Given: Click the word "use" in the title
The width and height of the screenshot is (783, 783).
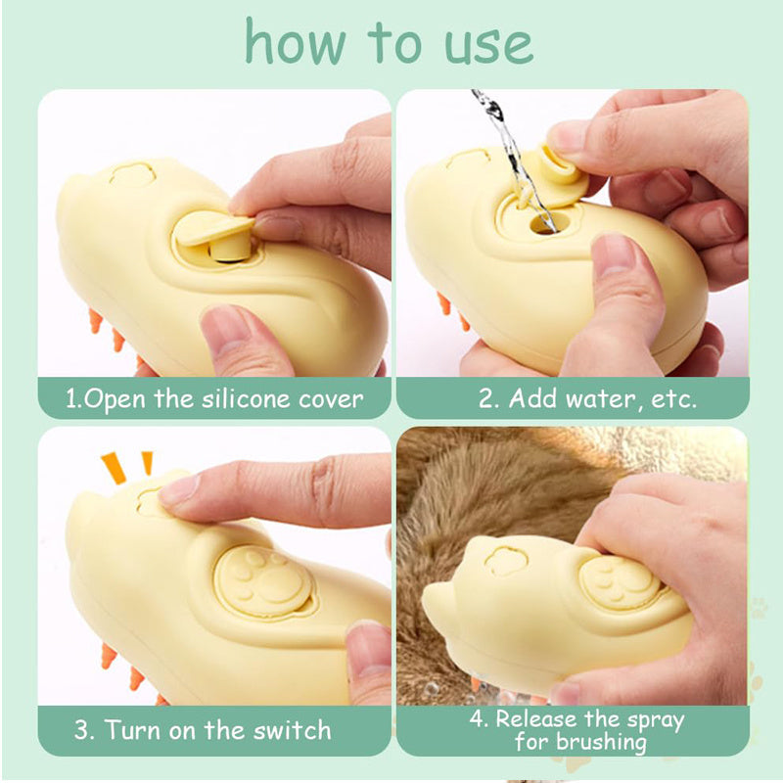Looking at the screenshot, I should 477,44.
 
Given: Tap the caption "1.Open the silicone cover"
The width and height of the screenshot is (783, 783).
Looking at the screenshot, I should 214,398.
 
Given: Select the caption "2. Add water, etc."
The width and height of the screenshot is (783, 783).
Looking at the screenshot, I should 588,399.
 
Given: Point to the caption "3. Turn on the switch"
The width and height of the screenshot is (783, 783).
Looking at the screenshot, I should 204,730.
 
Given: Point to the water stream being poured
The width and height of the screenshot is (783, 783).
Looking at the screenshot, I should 504,147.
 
